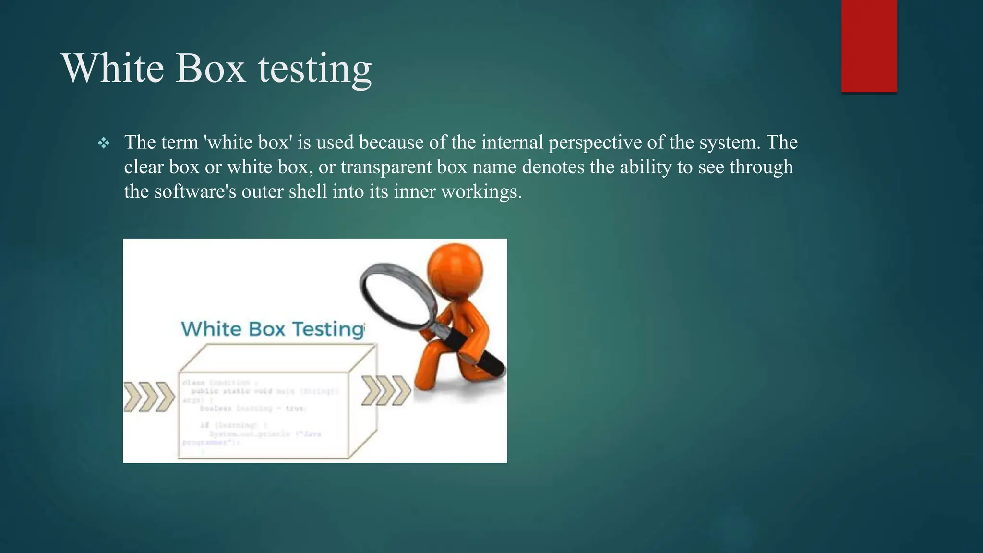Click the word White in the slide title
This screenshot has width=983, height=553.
point(112,68)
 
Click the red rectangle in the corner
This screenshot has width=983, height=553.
point(869,46)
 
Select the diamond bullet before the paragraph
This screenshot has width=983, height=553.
point(103,143)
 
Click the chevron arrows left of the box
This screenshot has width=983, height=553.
point(149,397)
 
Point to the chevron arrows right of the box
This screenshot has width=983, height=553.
point(385,390)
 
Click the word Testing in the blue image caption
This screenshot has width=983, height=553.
point(328,329)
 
